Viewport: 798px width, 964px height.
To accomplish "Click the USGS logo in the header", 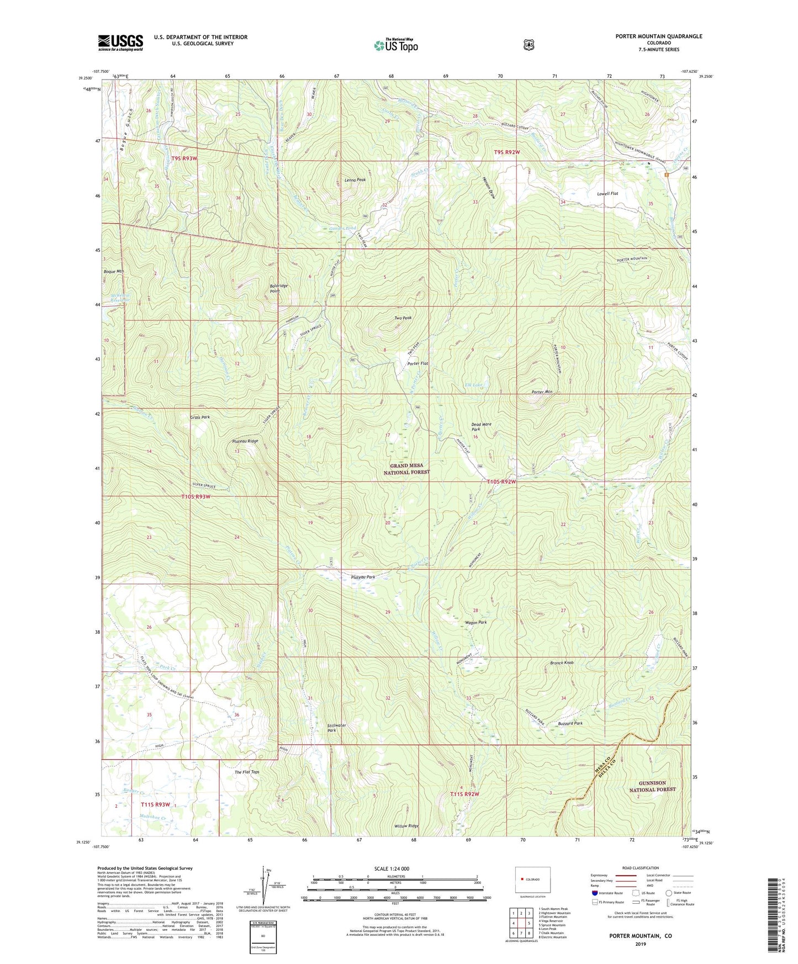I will (x=120, y=43).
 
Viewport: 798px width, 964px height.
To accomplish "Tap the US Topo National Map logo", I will (x=395, y=45).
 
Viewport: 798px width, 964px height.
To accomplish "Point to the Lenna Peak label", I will (x=355, y=180).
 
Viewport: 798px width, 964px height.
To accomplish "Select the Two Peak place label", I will (x=403, y=318).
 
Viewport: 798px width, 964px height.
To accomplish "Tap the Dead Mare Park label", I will (x=481, y=427).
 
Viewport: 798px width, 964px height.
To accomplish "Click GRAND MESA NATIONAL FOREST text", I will (x=406, y=469).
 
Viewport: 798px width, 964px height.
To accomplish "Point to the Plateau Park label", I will (x=363, y=577).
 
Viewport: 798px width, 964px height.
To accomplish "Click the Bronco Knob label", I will (x=562, y=663).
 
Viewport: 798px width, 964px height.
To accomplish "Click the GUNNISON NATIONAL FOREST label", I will (x=652, y=786).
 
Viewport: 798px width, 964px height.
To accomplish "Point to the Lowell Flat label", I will (x=607, y=194).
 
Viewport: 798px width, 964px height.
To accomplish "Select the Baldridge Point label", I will (x=278, y=288).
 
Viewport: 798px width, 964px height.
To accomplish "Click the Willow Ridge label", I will (x=406, y=826).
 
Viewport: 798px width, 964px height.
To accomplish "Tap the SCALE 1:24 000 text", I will (x=392, y=868).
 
